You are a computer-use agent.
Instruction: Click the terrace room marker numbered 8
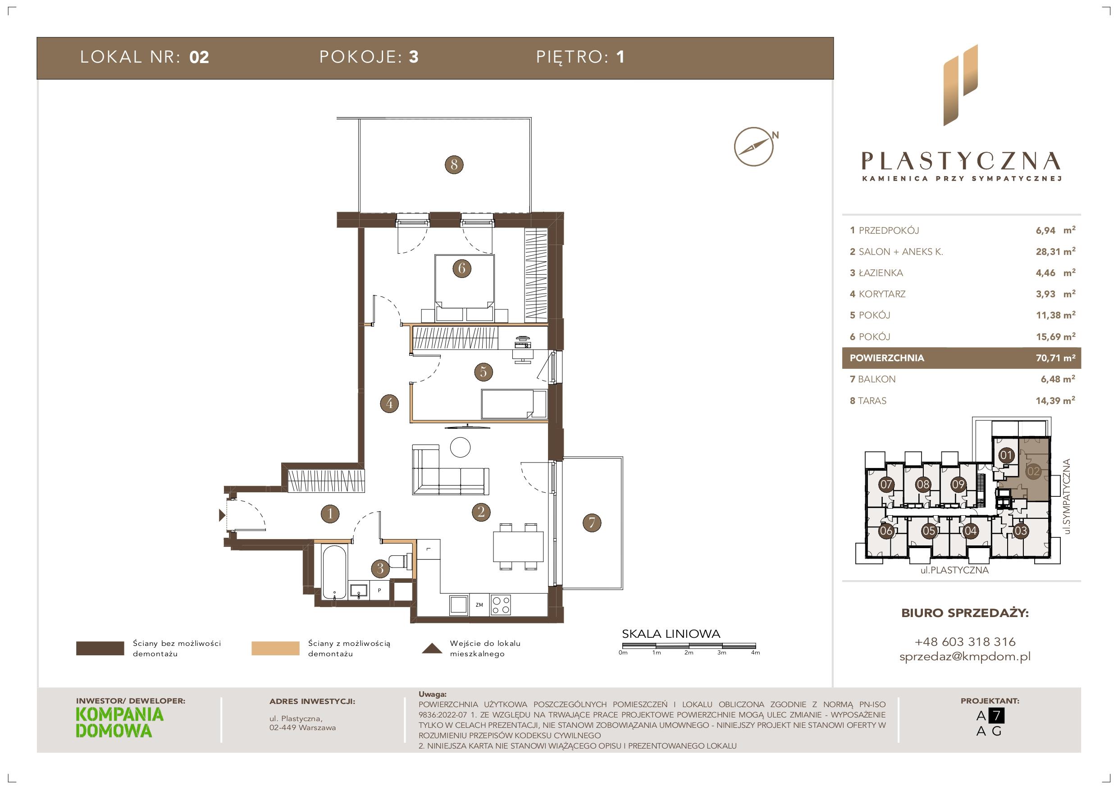454,164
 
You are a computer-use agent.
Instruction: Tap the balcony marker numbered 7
592,523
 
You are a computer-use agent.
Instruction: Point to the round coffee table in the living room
460,447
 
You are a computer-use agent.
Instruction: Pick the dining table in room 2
518,547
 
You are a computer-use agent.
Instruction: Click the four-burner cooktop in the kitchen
501,605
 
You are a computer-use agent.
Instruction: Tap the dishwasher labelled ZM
479,605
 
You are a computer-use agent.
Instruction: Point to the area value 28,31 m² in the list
1055,252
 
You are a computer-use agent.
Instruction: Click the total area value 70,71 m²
1055,358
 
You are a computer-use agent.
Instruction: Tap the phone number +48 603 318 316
965,641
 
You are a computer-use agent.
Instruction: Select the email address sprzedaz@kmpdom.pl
965,657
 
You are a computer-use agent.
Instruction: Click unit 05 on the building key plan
929,531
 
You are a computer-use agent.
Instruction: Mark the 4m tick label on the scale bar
755,653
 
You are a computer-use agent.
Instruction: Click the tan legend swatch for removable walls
275,649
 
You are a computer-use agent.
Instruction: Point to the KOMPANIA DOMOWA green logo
120,723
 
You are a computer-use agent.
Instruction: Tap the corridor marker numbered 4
389,403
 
